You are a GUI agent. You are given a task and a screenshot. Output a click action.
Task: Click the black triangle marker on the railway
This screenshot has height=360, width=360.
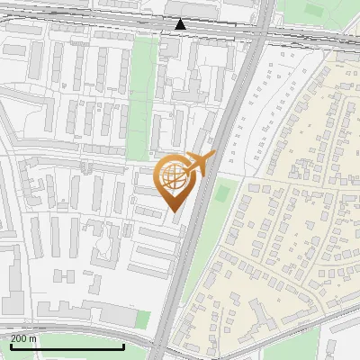point(181,24)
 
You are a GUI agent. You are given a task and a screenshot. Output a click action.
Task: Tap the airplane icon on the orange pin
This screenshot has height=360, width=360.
point(202,164)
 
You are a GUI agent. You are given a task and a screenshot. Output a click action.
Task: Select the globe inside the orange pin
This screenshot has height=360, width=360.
point(175,178)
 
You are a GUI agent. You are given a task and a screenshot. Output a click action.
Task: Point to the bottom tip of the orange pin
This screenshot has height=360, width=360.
point(175,211)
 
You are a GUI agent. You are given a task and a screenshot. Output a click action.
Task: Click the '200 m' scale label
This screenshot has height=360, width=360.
point(23,338)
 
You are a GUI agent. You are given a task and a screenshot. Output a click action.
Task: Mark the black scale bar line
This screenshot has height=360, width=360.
point(67,346)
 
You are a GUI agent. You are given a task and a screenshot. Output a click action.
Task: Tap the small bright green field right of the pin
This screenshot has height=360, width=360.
point(223,191)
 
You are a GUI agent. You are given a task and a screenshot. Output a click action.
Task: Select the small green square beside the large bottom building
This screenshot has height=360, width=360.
point(142,319)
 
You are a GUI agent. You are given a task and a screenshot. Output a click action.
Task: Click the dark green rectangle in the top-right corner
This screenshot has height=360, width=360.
point(315,9)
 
